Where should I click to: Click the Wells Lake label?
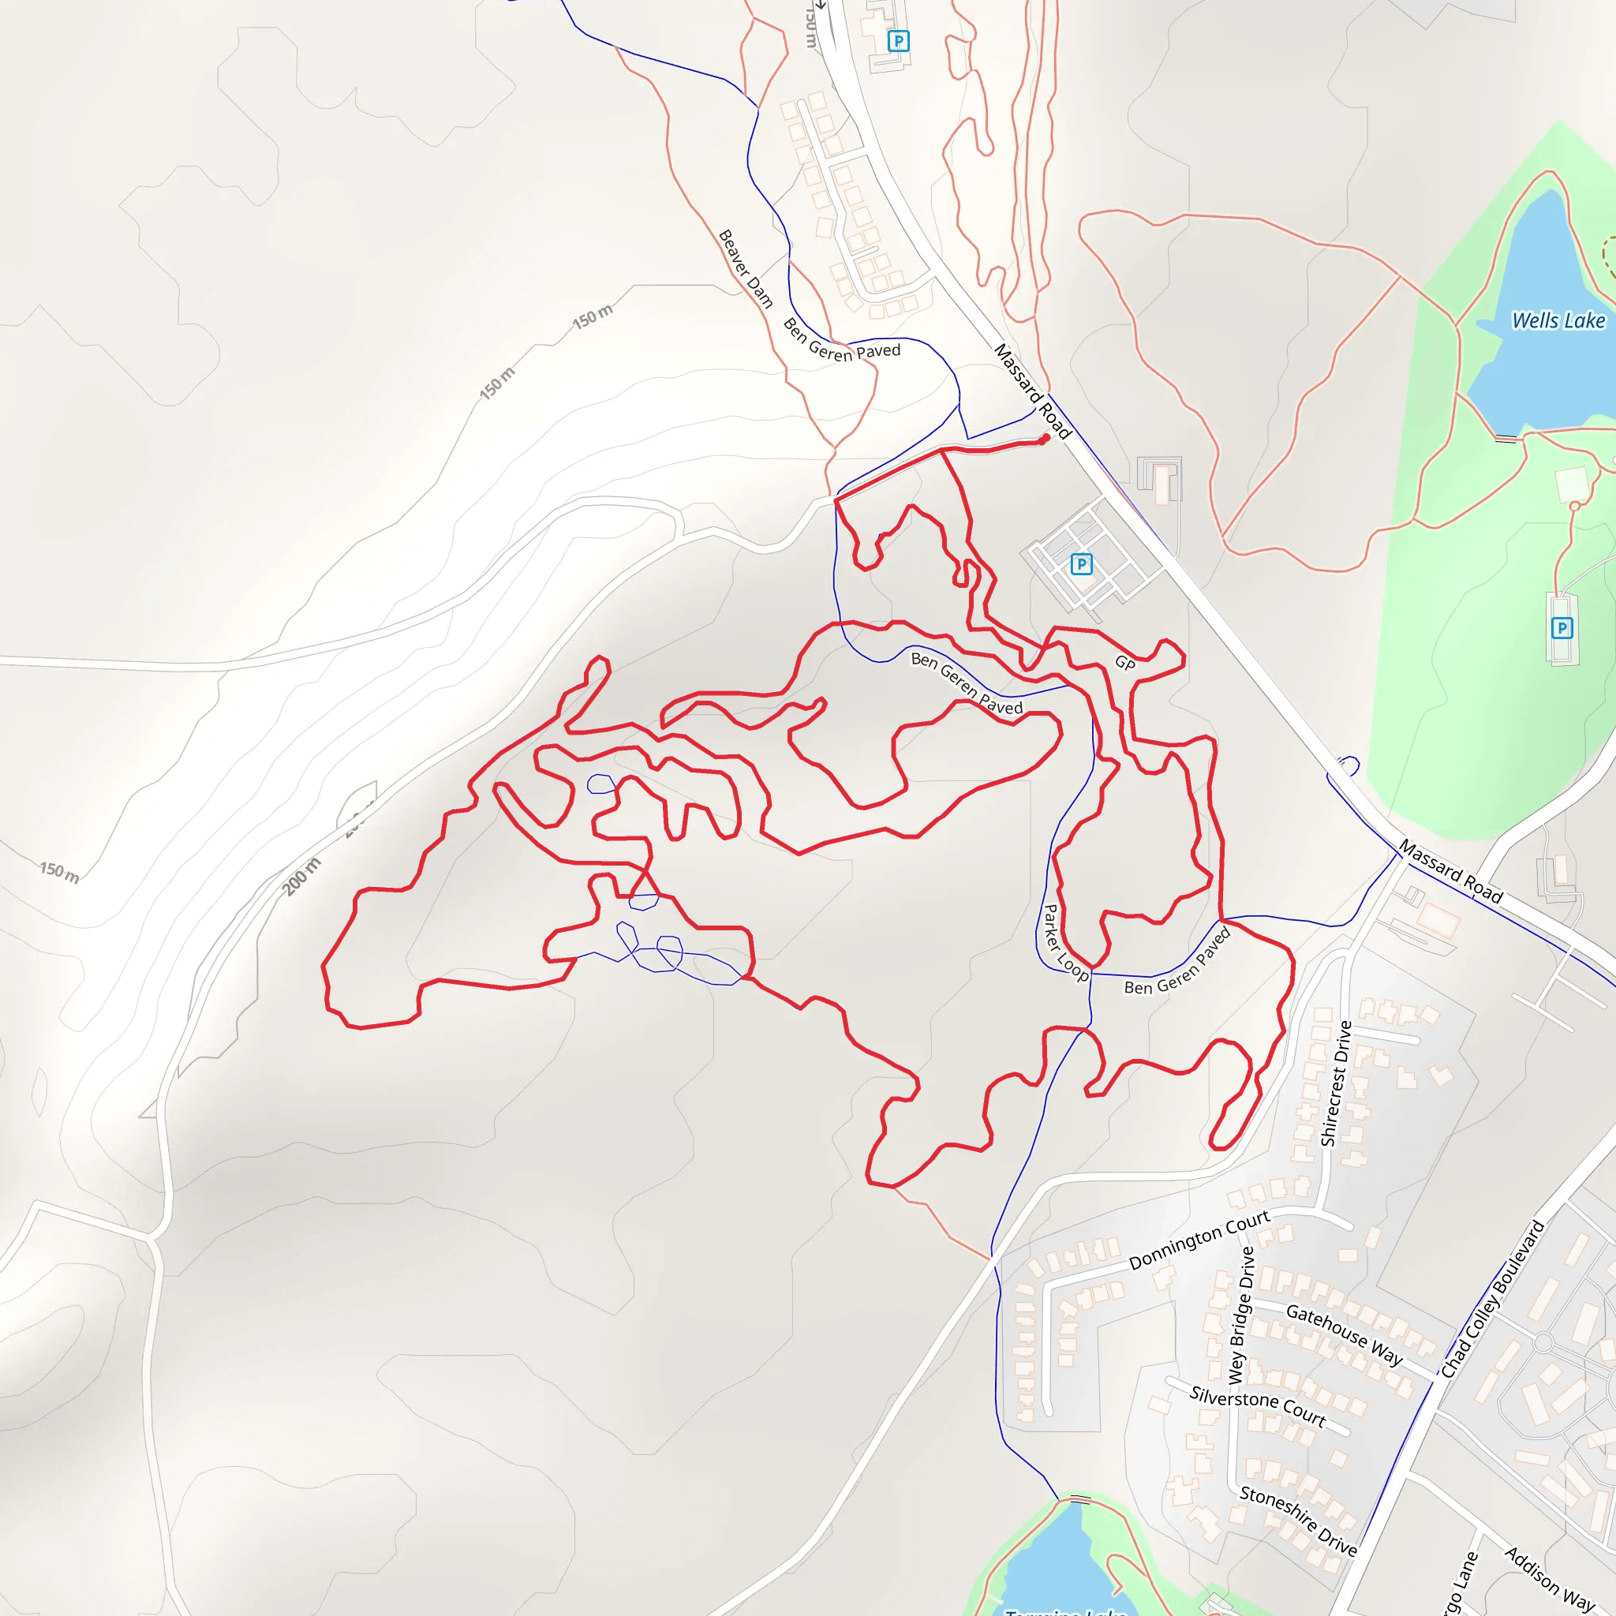(1558, 320)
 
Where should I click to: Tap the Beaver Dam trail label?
(745, 268)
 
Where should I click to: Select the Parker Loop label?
(1064, 943)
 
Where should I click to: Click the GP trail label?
(1125, 664)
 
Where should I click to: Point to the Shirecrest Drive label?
(1335, 1083)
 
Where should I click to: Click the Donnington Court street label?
(1199, 1240)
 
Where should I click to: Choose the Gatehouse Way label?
(1344, 1334)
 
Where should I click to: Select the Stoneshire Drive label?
(1298, 1520)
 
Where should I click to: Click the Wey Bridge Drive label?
(1241, 1314)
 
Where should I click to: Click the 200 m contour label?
(301, 876)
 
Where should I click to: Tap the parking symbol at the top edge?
(898, 41)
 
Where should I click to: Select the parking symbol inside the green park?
(1561, 628)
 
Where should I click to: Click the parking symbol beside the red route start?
(1081, 565)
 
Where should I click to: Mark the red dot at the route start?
(1046, 437)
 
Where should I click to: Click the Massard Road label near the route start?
(1032, 391)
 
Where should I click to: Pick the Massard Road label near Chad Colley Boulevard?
(1450, 873)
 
